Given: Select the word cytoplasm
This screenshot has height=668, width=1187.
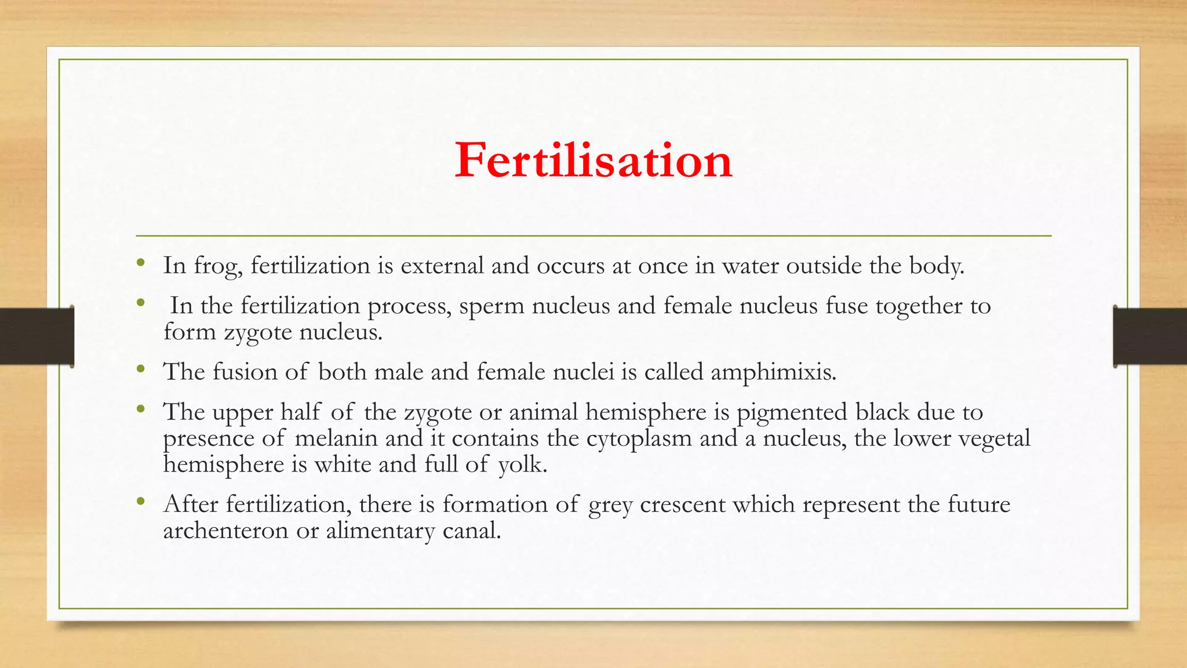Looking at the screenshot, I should pyautogui.click(x=639, y=438).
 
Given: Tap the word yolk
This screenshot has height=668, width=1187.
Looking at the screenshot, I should pyautogui.click(x=522, y=464).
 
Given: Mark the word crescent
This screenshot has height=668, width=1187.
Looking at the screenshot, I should pyautogui.click(x=682, y=504).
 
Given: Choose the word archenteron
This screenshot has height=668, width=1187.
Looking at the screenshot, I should pyautogui.click(x=225, y=530).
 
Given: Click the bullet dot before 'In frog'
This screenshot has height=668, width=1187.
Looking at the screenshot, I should pyautogui.click(x=140, y=264).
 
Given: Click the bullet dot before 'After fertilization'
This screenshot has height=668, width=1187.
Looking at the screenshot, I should pyautogui.click(x=140, y=502).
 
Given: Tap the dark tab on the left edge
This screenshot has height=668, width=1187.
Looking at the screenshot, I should pyautogui.click(x=37, y=336).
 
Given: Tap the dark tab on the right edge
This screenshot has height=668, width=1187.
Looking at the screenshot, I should pyautogui.click(x=1150, y=336).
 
